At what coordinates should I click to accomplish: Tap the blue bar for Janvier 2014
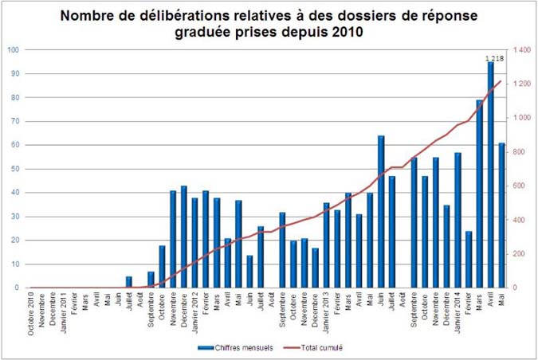(457, 220)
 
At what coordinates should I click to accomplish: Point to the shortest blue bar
(129, 282)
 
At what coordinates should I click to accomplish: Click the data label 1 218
(495, 57)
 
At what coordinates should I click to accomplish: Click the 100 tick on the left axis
(14, 49)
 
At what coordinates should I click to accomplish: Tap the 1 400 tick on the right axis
(522, 49)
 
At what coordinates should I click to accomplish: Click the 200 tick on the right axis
(520, 254)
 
